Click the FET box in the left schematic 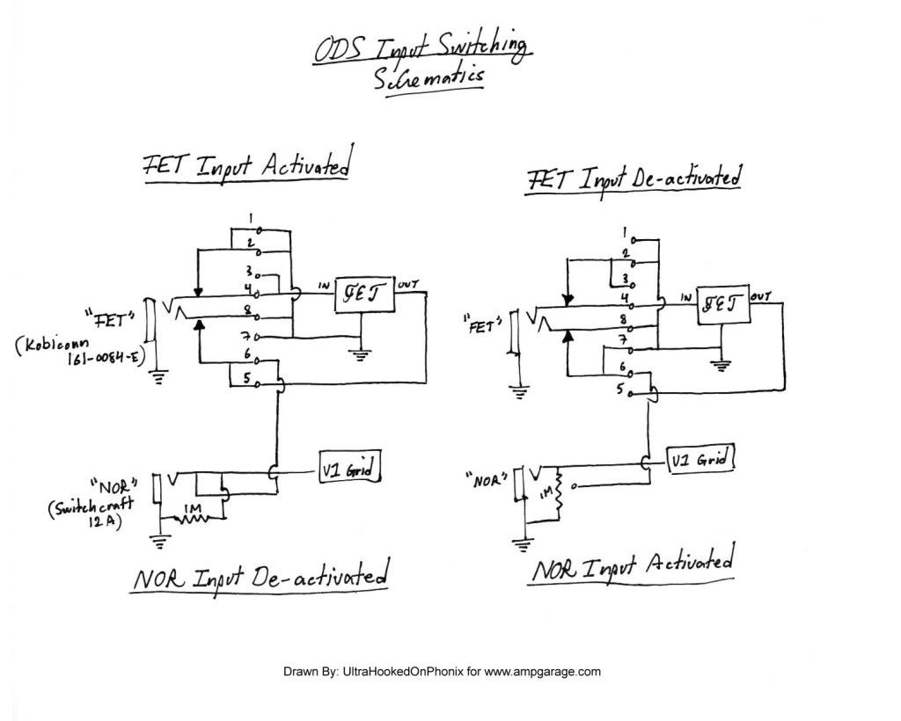tap(362, 297)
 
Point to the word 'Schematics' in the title tap(429, 78)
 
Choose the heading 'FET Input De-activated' tap(634, 178)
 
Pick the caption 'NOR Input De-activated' tap(260, 579)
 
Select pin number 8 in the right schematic tap(623, 319)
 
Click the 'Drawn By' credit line tap(442, 672)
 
